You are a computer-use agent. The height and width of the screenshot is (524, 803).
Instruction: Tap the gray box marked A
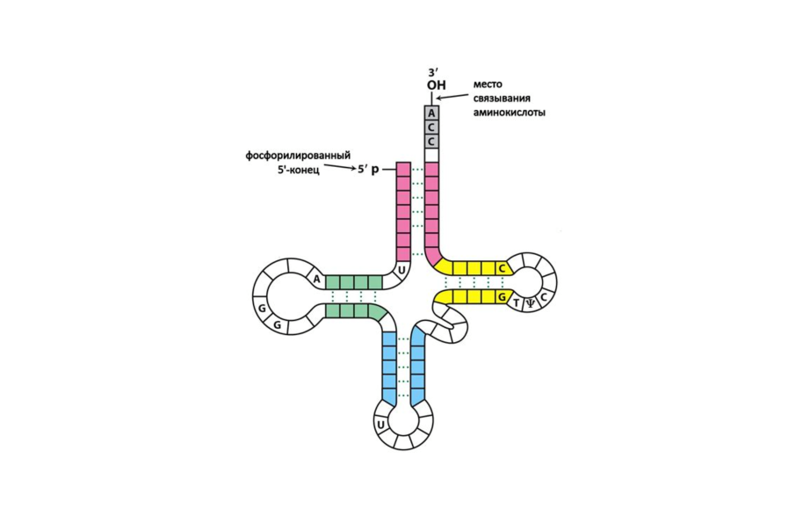[430, 113]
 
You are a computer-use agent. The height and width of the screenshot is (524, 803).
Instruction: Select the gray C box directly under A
[430, 127]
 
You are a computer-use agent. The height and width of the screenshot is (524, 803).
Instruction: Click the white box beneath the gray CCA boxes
[430, 156]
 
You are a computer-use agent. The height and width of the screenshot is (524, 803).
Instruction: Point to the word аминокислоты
[502, 113]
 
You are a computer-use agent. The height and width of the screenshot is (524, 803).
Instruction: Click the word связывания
[498, 98]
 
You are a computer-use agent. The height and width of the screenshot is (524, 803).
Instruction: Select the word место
[488, 84]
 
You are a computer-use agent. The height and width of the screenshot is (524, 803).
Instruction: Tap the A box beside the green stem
[316, 280]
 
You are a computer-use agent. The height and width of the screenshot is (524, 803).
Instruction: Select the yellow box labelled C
[502, 267]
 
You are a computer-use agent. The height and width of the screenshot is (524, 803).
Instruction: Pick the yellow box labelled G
[502, 298]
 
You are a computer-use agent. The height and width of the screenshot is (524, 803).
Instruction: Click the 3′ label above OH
[430, 70]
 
